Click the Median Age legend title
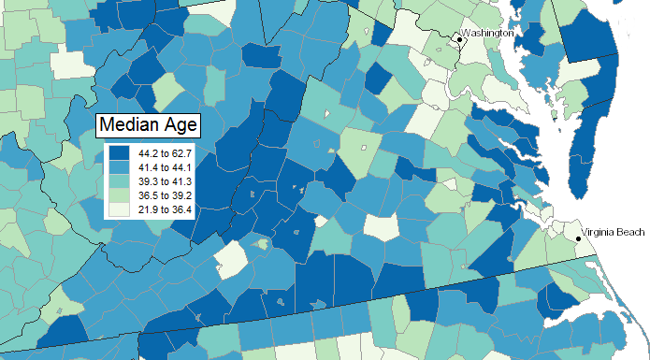[145, 124]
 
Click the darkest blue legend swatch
[121, 152]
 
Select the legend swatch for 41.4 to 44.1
[121, 167]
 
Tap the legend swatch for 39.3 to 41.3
[121, 181]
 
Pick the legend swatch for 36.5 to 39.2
[121, 195]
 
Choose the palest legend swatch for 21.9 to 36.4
[121, 209]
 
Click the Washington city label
[488, 33]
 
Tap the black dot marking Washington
[459, 38]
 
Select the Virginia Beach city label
[613, 231]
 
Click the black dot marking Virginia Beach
[578, 239]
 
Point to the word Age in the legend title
[174, 124]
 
